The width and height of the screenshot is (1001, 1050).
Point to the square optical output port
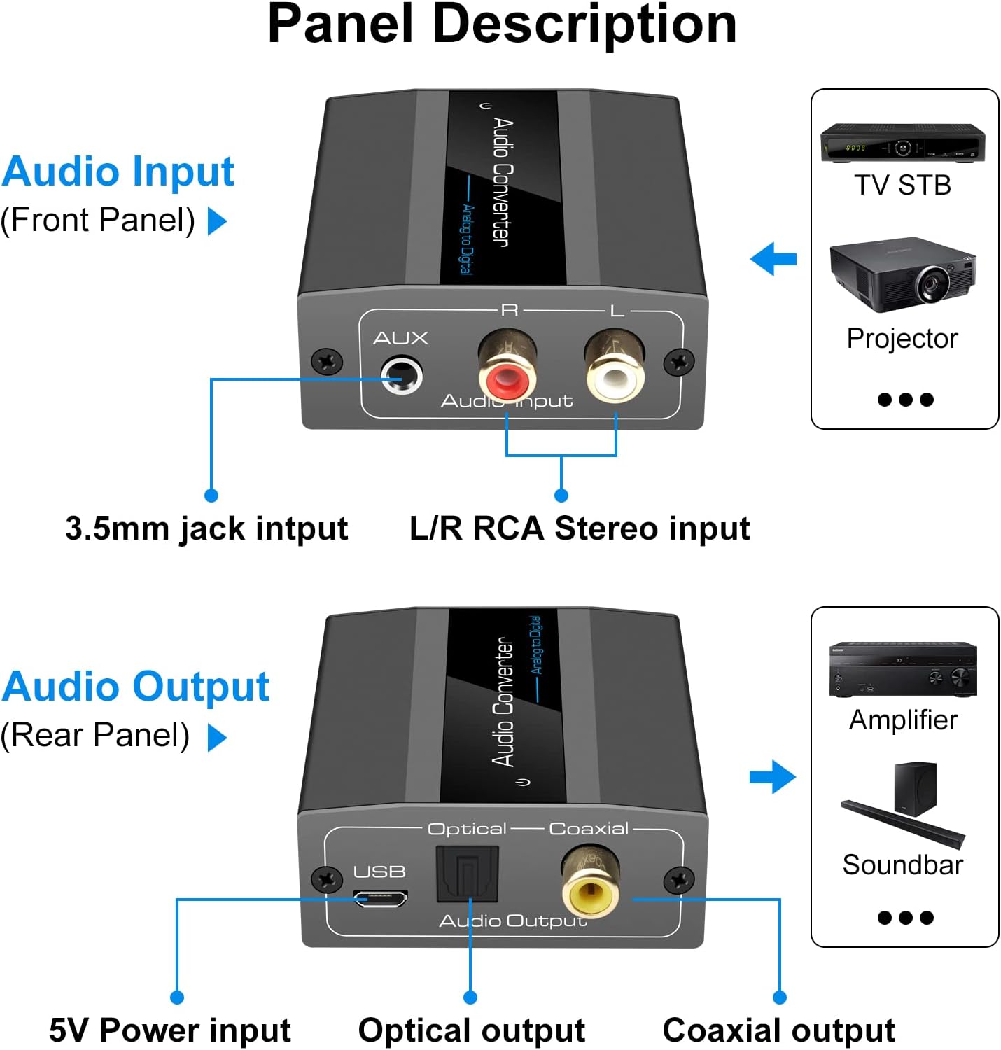(x=468, y=874)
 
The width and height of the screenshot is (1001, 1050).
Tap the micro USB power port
(x=380, y=899)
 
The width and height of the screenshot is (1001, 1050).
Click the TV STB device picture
(x=902, y=143)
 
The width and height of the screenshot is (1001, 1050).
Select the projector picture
(x=903, y=275)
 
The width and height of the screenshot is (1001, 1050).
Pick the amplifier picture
(x=903, y=668)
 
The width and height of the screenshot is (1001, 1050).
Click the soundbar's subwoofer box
(x=915, y=789)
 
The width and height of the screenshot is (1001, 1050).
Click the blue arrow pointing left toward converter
(x=773, y=259)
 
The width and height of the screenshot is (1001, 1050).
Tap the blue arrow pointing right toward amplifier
(x=772, y=777)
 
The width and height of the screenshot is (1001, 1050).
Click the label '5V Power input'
(x=170, y=1030)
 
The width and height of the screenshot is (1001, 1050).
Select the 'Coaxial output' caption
(x=779, y=1030)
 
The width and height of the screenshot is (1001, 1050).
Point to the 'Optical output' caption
(x=472, y=1030)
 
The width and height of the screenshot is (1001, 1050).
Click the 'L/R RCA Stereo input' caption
(x=580, y=528)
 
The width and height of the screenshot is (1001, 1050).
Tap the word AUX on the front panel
(x=400, y=338)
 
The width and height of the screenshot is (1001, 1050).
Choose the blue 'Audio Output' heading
(x=136, y=686)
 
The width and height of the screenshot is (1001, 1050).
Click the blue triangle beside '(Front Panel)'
(x=217, y=221)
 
